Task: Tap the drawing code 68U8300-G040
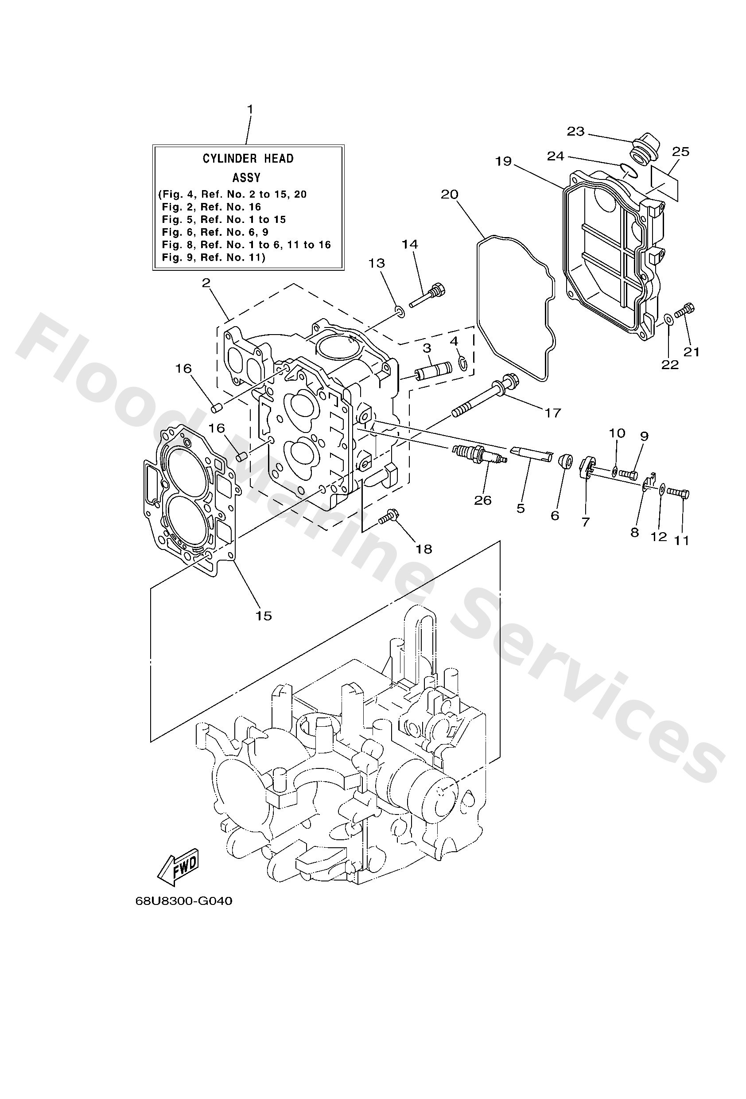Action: coord(183,901)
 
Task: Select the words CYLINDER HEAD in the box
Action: coord(248,158)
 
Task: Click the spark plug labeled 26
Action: coord(479,454)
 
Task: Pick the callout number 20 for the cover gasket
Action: coord(450,195)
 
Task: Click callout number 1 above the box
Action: coord(250,109)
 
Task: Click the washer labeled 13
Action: coord(400,312)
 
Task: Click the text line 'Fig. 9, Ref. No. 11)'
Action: coord(213,257)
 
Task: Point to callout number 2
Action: coord(206,283)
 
